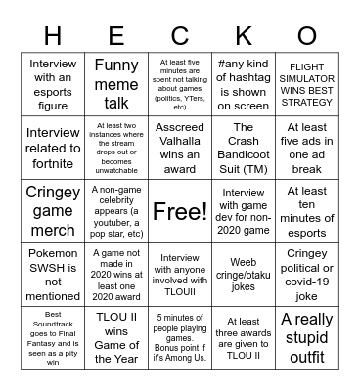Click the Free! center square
click(x=180, y=210)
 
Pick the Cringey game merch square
click(x=53, y=210)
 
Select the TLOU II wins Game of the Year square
click(x=116, y=337)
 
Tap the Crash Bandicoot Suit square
click(x=244, y=147)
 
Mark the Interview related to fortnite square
click(x=53, y=147)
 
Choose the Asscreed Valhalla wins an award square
click(x=180, y=147)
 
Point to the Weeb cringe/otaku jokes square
click(x=244, y=274)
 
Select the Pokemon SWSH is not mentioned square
click(x=53, y=274)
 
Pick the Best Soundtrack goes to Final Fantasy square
click(x=53, y=337)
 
